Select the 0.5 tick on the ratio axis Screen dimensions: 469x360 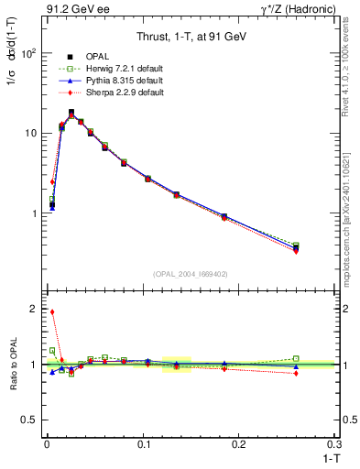point(32,420)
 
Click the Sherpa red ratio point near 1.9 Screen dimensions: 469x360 point(52,311)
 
